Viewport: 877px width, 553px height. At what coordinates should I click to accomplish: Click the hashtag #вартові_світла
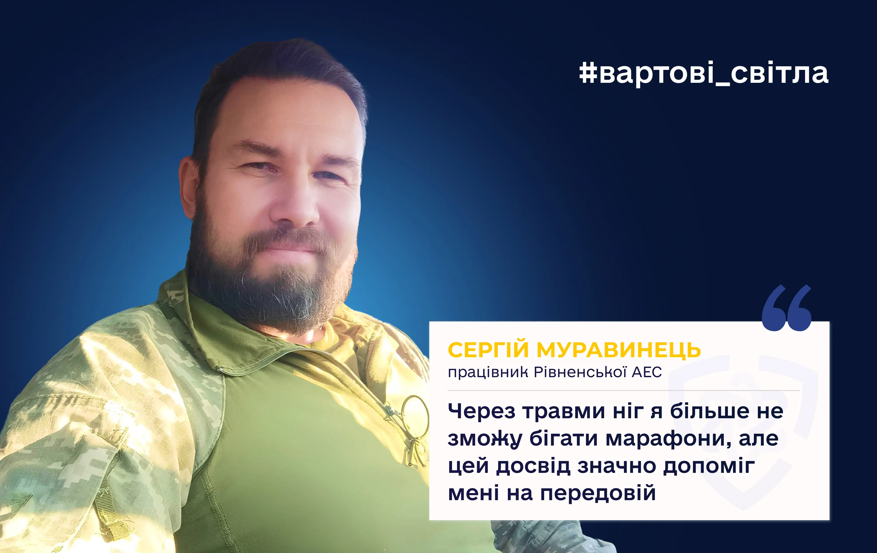pos(704,74)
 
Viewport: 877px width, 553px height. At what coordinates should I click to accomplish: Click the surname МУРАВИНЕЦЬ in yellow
pos(618,350)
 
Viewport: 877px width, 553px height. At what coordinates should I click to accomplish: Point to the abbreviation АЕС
pos(647,372)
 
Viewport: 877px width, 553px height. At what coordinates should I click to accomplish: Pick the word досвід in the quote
pos(533,466)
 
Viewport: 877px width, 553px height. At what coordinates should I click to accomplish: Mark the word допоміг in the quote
pos(709,466)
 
